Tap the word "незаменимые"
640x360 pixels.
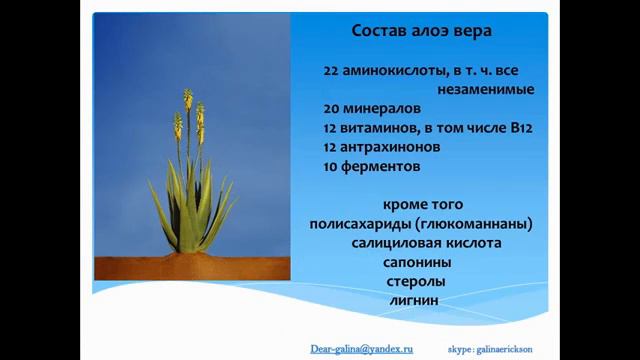[492, 89]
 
